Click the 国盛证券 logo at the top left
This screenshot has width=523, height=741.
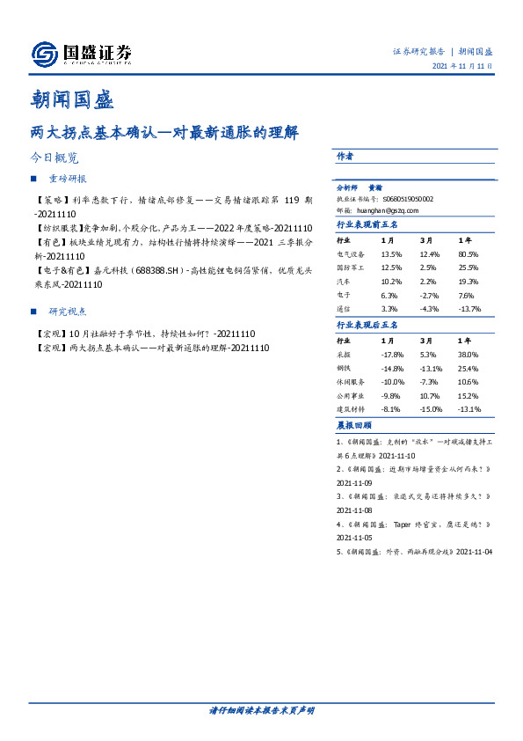81,55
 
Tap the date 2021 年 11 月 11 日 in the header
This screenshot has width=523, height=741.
462,66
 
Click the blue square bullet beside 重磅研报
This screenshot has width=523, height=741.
33,180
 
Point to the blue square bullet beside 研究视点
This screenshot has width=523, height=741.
33,312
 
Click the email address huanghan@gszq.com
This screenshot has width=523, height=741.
388,211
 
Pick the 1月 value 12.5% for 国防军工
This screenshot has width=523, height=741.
391,267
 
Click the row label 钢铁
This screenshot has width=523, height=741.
343,368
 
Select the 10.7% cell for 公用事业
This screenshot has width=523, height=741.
429,396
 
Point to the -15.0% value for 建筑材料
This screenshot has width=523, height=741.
431,410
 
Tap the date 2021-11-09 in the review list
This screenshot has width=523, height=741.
355,483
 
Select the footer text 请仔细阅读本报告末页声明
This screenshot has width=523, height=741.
261,710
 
